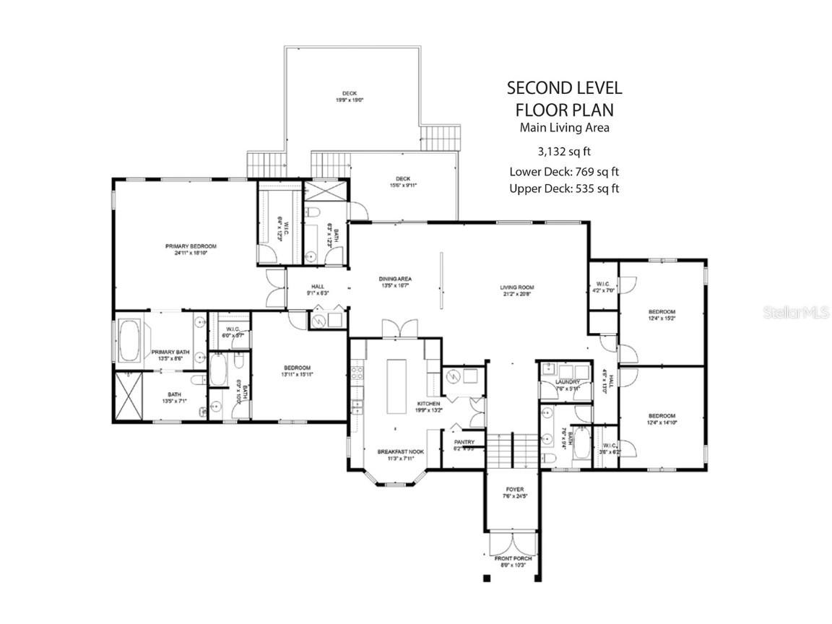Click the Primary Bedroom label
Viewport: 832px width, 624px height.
[191, 246]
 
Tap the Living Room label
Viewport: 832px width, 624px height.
[516, 287]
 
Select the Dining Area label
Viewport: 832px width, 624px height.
[395, 279]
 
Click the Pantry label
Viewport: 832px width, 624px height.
[463, 442]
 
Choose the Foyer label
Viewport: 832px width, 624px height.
[514, 490]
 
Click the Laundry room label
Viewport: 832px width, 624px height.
[567, 382]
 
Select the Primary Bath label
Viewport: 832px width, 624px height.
[169, 352]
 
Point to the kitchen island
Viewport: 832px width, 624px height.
[397, 386]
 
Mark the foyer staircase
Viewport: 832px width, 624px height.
[513, 451]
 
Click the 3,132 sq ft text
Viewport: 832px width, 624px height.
[564, 152]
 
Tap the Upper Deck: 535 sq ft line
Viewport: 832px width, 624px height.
[564, 188]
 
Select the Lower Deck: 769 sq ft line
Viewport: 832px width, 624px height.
[564, 171]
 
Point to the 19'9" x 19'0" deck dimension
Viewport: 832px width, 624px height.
[350, 101]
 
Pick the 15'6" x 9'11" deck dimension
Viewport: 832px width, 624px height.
[402, 185]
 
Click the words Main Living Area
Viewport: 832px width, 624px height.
[564, 128]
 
